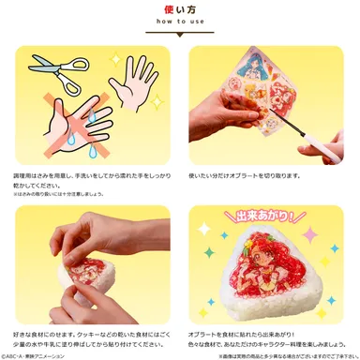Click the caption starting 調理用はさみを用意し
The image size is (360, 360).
[89, 178]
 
